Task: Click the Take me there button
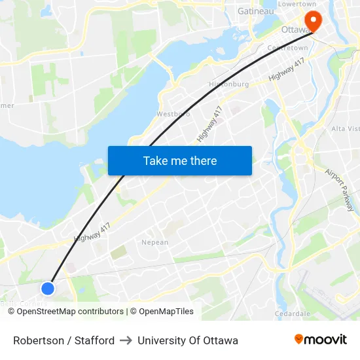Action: [179, 160]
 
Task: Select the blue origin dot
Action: [48, 288]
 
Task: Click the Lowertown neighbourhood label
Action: [298, 3]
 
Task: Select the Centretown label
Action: [287, 48]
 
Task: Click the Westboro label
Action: [173, 114]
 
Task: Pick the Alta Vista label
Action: [345, 128]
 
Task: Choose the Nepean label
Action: [155, 242]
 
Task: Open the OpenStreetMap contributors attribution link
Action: [70, 312]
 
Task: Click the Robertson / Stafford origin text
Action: [63, 340]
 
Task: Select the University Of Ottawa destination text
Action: [188, 340]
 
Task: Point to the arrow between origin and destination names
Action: [126, 340]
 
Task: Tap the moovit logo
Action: [320, 340]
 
